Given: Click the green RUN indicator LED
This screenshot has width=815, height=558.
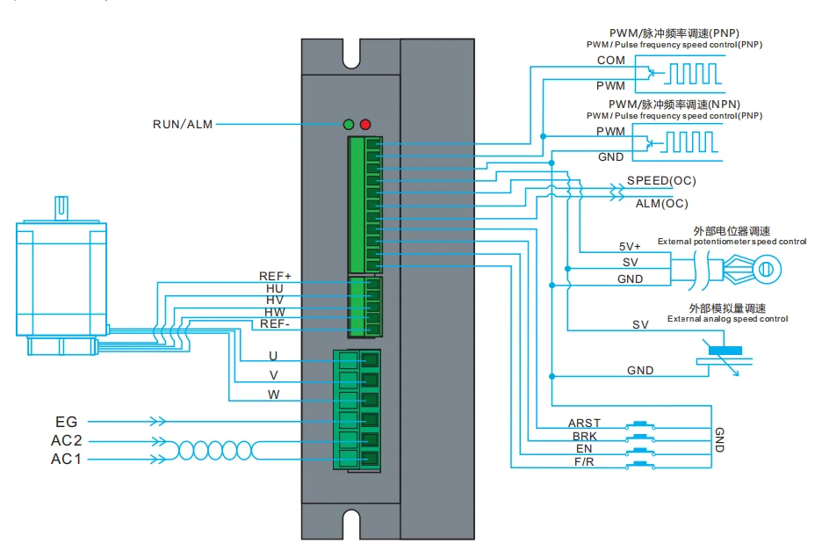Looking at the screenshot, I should (x=349, y=125).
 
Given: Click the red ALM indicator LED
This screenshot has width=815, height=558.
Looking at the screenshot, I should (x=365, y=125).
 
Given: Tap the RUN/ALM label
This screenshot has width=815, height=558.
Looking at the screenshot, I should (x=183, y=125).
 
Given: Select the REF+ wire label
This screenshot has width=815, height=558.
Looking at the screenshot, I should (x=275, y=276).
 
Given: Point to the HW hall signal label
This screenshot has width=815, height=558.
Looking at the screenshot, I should (x=275, y=312).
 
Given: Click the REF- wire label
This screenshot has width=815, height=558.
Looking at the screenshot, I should (x=275, y=324).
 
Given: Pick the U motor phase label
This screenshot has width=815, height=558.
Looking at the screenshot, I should (x=273, y=357).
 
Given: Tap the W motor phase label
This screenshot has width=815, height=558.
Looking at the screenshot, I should (x=274, y=395).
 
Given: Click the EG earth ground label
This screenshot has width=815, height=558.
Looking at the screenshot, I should (x=67, y=423).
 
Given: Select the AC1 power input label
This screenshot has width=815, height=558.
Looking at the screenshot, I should (x=67, y=459).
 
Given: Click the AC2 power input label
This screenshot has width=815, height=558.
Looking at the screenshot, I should (x=67, y=440).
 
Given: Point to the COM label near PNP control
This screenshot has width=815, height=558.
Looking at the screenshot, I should (x=610, y=61).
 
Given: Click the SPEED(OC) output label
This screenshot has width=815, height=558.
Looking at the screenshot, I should (x=661, y=181).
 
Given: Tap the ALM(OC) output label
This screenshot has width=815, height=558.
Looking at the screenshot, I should (x=661, y=203).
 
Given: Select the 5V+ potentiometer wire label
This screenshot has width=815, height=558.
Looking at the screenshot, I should (x=630, y=247).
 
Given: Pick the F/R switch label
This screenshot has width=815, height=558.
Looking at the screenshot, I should (x=584, y=461).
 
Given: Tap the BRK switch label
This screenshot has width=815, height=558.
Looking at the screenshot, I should (x=584, y=436).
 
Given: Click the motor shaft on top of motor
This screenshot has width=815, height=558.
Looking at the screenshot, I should (x=62, y=208).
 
